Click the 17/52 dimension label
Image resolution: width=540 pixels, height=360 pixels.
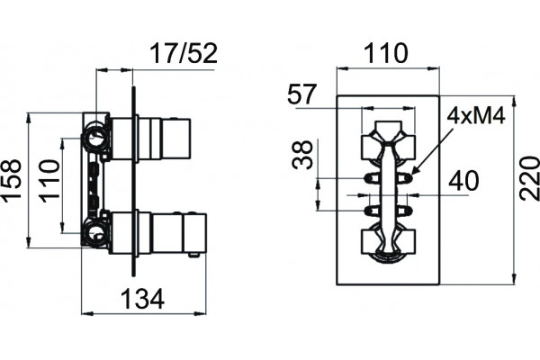pyautogui.click(x=184, y=54)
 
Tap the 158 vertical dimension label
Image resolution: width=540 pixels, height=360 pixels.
pyautogui.click(x=11, y=179)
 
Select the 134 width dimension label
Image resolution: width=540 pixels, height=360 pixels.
pyautogui.click(x=143, y=299)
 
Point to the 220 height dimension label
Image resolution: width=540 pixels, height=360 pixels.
pyautogui.click(x=530, y=179)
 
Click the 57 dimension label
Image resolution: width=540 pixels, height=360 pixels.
pyautogui.click(x=301, y=94)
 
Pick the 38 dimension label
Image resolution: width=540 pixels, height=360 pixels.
pyautogui.click(x=302, y=155)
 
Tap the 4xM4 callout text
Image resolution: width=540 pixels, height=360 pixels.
pyautogui.click(x=476, y=115)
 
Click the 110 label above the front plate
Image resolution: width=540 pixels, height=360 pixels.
pyautogui.click(x=386, y=53)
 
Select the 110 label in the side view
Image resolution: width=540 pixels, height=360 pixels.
pyautogui.click(x=49, y=181)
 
